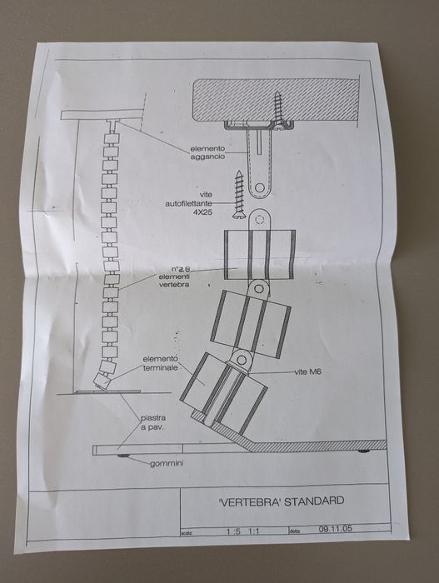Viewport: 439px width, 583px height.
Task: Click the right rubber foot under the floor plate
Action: point(363,452)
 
